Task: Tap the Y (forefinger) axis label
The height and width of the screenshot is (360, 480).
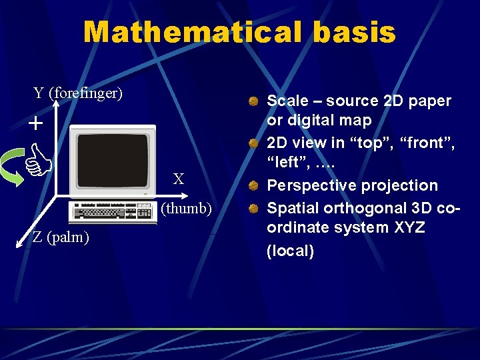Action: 78,93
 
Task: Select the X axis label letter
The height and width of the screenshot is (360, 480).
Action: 179,179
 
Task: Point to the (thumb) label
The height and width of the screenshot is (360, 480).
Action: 186,209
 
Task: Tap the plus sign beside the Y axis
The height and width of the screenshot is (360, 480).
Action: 35,124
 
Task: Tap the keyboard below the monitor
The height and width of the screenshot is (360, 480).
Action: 113,212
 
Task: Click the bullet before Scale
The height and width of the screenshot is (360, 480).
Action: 254,102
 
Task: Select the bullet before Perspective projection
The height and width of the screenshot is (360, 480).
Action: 254,186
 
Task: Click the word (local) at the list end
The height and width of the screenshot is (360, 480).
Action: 290,251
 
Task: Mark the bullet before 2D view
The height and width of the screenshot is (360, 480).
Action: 254,145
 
